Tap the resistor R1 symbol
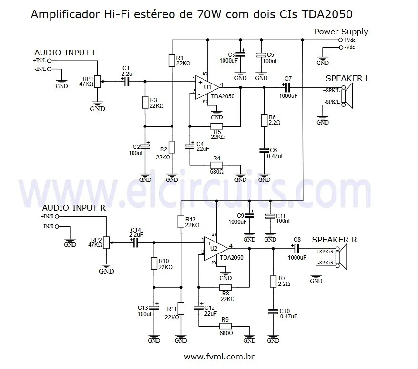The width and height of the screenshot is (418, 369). coord(172,61)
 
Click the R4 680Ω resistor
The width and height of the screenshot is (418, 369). coord(216,165)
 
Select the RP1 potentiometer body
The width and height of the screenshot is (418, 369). coord(97,82)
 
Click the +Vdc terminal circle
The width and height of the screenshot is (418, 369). coord(340,40)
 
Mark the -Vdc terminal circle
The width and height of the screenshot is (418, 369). coord(340,47)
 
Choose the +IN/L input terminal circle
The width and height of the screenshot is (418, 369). coord(50,61)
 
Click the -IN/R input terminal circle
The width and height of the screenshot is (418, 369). coord(58,226)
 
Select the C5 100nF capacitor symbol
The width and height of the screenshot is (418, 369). coord(261,55)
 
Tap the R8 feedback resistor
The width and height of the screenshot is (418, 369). coord(225,287)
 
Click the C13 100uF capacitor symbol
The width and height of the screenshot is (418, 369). coord(153,307)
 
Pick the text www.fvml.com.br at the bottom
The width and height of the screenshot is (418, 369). coord(219,357)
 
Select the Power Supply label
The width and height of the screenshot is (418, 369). coord(341,32)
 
